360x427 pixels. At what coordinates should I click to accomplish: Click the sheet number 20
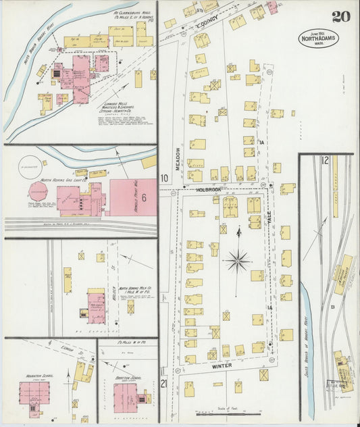pos(341,16)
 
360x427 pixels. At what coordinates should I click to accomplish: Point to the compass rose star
pos(237,258)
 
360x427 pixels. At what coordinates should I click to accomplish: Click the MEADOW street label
pos(178,159)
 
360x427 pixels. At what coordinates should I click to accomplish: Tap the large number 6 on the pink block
pos(143,198)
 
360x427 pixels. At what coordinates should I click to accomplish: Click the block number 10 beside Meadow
pos(164,178)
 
